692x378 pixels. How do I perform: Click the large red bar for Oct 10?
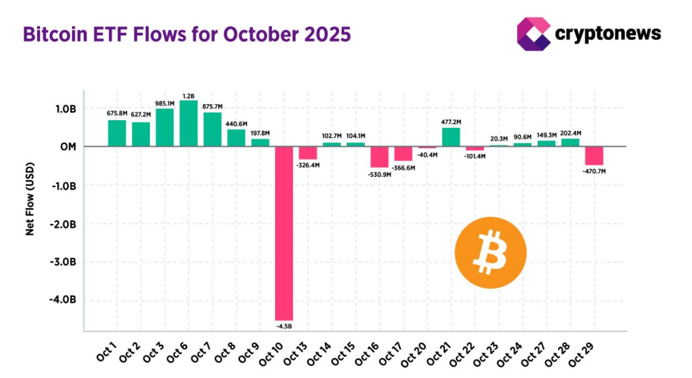[x=284, y=233]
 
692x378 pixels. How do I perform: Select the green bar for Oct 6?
[x=188, y=123]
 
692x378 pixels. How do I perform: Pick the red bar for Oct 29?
[x=594, y=156]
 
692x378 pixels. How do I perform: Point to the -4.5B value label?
[x=284, y=326]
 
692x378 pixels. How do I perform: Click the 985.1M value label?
[x=164, y=103]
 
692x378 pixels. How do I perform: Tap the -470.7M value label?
[x=593, y=171]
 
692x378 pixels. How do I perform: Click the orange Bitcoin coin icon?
[x=490, y=253]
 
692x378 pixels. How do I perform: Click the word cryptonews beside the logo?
[x=608, y=34]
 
